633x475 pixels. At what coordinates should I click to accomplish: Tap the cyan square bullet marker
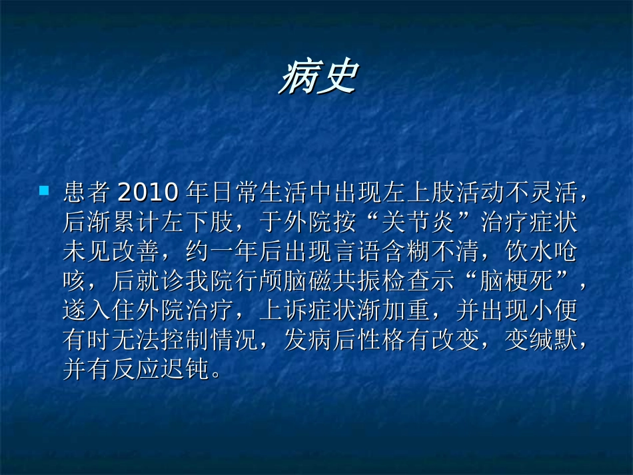pos(44,191)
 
